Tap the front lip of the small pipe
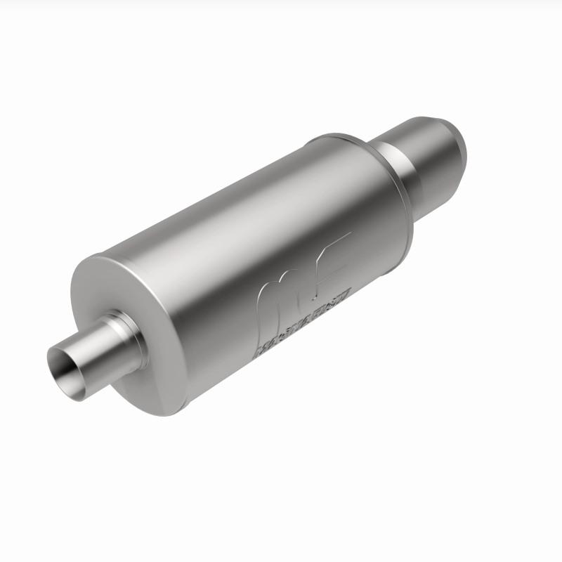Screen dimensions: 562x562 [x=53, y=351]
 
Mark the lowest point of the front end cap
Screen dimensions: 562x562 [x=165, y=415]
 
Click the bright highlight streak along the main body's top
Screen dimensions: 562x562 [x=211, y=204]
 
